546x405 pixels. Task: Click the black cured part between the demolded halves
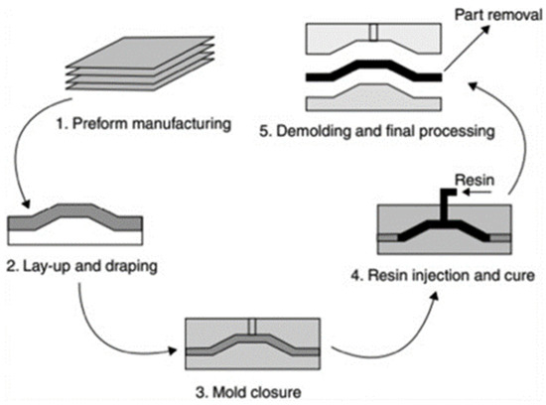tap(370, 72)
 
